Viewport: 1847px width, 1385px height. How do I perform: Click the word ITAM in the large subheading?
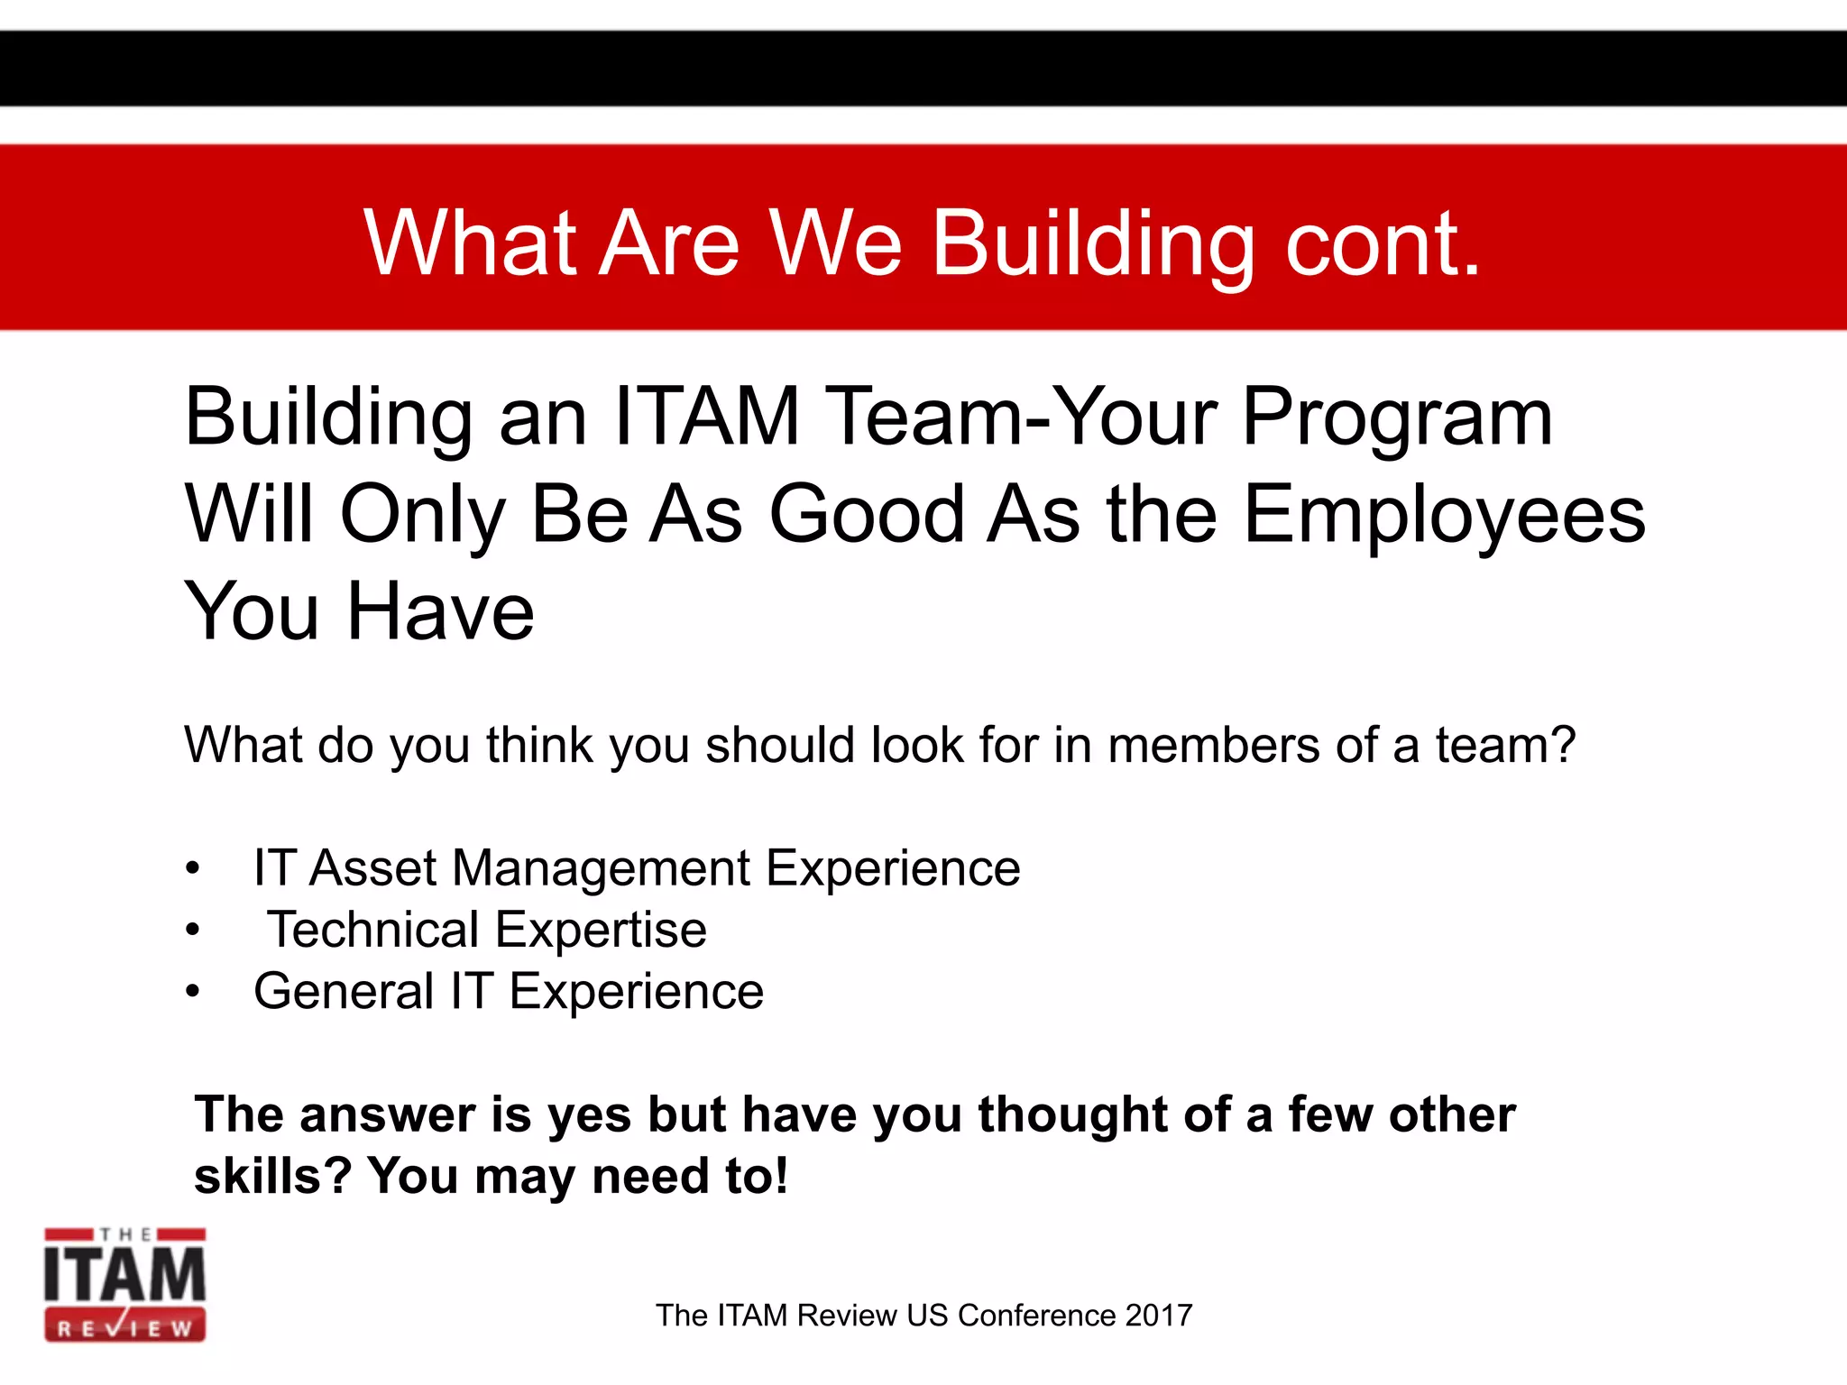click(706, 417)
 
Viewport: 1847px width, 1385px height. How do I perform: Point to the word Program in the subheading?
click(1397, 418)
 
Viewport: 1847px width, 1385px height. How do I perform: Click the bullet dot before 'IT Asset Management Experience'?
click(192, 869)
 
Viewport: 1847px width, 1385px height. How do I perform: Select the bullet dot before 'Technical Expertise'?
click(192, 931)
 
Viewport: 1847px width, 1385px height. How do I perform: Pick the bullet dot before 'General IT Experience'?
click(192, 992)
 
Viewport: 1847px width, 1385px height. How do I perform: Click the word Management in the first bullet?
click(601, 868)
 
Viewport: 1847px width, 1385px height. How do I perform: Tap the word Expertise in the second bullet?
click(601, 930)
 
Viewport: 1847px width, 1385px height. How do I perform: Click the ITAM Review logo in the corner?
click(125, 1284)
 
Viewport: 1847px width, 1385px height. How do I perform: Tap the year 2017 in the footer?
click(1158, 1316)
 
